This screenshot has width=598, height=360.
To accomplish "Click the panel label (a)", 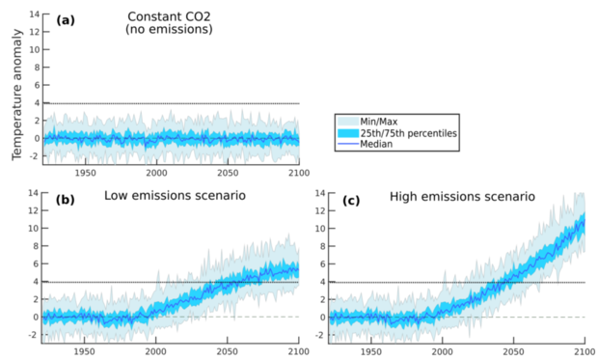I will [x=67, y=19].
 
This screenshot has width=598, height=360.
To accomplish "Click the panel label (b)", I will [x=67, y=197].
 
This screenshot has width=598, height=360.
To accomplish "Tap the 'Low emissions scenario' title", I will [x=173, y=197].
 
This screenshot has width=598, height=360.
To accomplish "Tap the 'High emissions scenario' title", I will [x=462, y=197].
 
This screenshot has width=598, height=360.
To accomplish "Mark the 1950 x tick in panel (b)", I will [x=85, y=352].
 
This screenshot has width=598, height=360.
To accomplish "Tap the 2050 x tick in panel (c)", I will [x=513, y=352].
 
